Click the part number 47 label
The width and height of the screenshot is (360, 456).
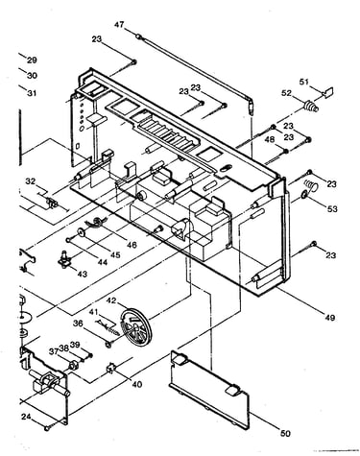pyautogui.click(x=119, y=25)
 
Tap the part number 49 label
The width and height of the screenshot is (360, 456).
pyautogui.click(x=329, y=318)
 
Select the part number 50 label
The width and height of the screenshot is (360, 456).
pyautogui.click(x=285, y=433)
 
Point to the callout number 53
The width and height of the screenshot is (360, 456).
pyautogui.click(x=332, y=208)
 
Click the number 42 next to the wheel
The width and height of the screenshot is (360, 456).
pyautogui.click(x=111, y=300)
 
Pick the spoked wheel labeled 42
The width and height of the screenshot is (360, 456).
pyautogui.click(x=134, y=326)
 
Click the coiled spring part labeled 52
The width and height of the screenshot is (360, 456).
pyautogui.click(x=310, y=107)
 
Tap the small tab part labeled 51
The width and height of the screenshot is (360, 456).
pyautogui.click(x=328, y=92)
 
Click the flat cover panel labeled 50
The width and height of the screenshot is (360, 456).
pyautogui.click(x=209, y=389)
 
